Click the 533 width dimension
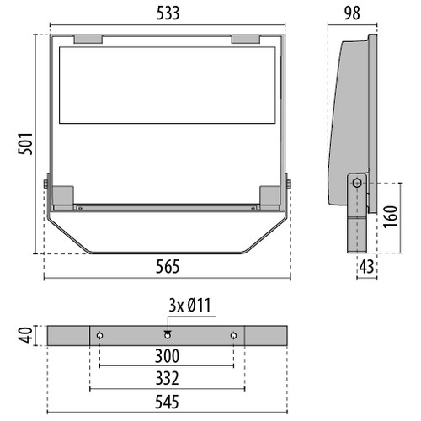tap(168, 13)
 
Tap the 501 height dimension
tap(25, 144)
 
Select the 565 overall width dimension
tap(168, 267)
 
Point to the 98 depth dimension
tap(352, 13)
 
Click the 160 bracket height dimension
tap(391, 217)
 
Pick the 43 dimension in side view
tap(366, 267)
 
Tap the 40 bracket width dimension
tap(25, 335)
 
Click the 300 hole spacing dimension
tap(167, 356)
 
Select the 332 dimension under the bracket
tap(168, 378)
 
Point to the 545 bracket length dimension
tap(167, 402)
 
